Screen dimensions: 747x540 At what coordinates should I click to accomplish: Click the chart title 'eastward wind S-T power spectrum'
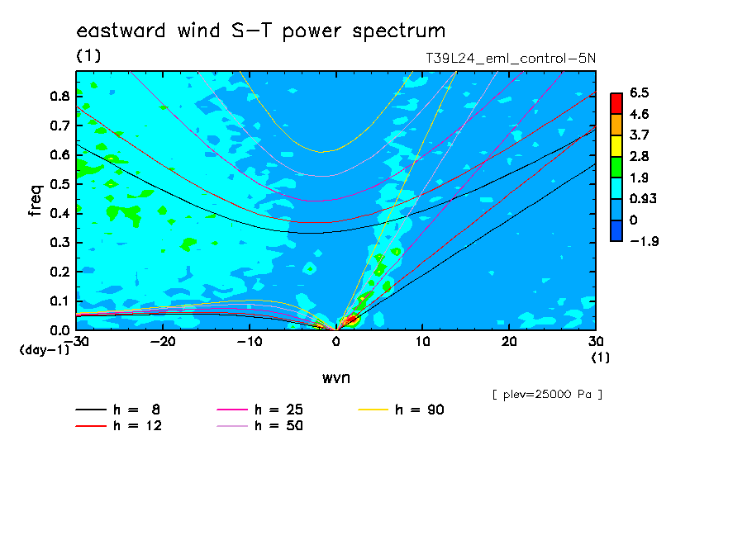[x=260, y=31]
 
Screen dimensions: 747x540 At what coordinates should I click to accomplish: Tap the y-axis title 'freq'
[x=36, y=201]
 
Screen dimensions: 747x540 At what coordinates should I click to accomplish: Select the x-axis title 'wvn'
[x=335, y=378]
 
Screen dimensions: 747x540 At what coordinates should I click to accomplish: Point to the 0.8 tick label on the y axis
[x=60, y=96]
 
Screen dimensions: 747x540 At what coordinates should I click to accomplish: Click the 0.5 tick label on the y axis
[x=60, y=184]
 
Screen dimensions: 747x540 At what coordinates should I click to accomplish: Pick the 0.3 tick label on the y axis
[x=60, y=243]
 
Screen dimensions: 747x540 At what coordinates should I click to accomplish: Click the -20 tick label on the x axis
[x=163, y=342]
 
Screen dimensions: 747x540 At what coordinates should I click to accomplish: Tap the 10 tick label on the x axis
[x=422, y=342]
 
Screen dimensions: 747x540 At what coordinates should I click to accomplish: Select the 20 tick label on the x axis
[x=509, y=342]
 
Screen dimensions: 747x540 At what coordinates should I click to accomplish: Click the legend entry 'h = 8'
[x=117, y=410]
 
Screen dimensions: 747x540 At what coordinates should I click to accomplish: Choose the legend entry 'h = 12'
[x=118, y=425]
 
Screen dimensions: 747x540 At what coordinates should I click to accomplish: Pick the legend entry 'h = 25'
[x=259, y=410]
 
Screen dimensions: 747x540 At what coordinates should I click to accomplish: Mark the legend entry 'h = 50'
[x=259, y=425]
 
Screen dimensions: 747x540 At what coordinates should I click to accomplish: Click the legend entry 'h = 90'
[x=401, y=410]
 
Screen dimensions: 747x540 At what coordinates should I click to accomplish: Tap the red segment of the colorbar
[x=616, y=104]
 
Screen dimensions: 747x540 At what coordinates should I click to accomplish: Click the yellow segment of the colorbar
[x=616, y=146]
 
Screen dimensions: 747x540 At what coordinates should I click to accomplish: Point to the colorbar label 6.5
[x=640, y=92]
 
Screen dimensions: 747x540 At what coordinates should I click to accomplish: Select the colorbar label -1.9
[x=644, y=241]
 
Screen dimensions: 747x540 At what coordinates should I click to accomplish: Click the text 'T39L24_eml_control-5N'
[x=510, y=59]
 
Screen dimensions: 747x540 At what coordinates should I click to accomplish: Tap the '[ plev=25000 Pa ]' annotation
[x=547, y=395]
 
